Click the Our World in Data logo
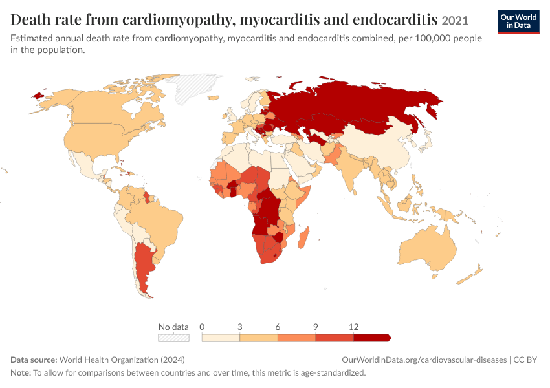(x=518, y=22)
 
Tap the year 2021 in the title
(x=455, y=21)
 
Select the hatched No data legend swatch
(x=173, y=338)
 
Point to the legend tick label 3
(x=239, y=327)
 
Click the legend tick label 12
(x=353, y=327)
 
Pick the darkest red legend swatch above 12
(x=372, y=338)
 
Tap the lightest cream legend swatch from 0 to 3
(x=221, y=338)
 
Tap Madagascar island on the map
(x=303, y=237)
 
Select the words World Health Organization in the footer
(x=109, y=360)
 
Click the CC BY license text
(x=525, y=360)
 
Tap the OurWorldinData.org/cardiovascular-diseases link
(x=424, y=360)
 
